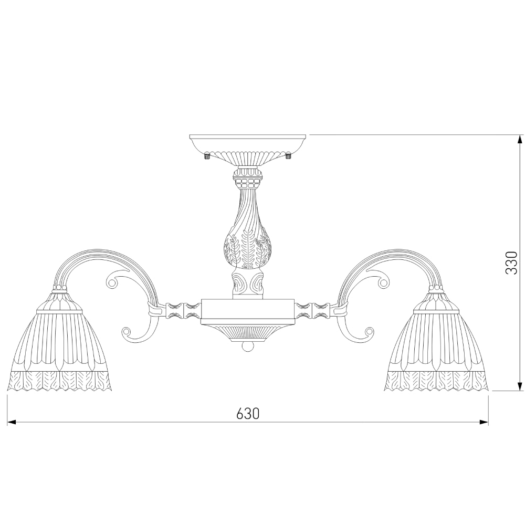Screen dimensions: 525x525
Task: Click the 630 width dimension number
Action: click(248, 414)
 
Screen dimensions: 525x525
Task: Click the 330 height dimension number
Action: click(511, 263)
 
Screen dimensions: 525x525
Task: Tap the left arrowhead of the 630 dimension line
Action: click(12, 422)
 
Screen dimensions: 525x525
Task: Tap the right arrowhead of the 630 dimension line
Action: click(484, 422)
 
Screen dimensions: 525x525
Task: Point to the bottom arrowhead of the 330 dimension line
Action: click(520, 386)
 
